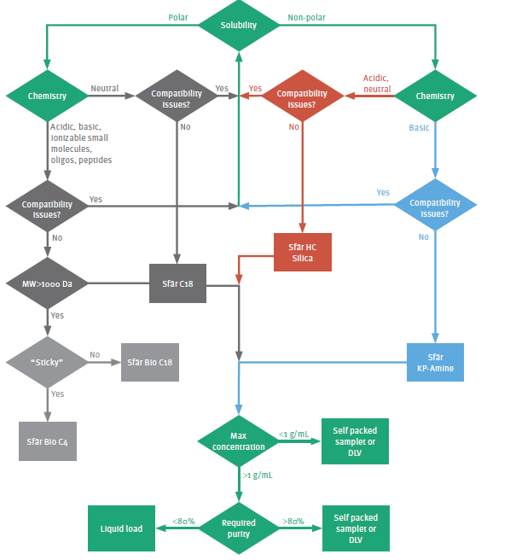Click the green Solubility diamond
pyautogui.click(x=239, y=25)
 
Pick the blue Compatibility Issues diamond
pyautogui.click(x=435, y=208)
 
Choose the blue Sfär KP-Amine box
pyautogui.click(x=435, y=362)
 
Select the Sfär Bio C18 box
pyautogui.click(x=150, y=362)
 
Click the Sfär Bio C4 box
pyautogui.click(x=49, y=441)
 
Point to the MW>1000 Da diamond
pyautogui.click(x=48, y=282)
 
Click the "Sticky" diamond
pyautogui.click(x=48, y=362)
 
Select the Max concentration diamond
pyautogui.click(x=239, y=441)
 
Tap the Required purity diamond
pyautogui.click(x=239, y=528)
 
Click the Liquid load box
pyautogui.click(x=122, y=528)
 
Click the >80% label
pyautogui.click(x=293, y=520)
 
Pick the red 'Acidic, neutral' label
pyautogui.click(x=377, y=83)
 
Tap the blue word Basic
pyautogui.click(x=419, y=128)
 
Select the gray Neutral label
pyautogui.click(x=105, y=88)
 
